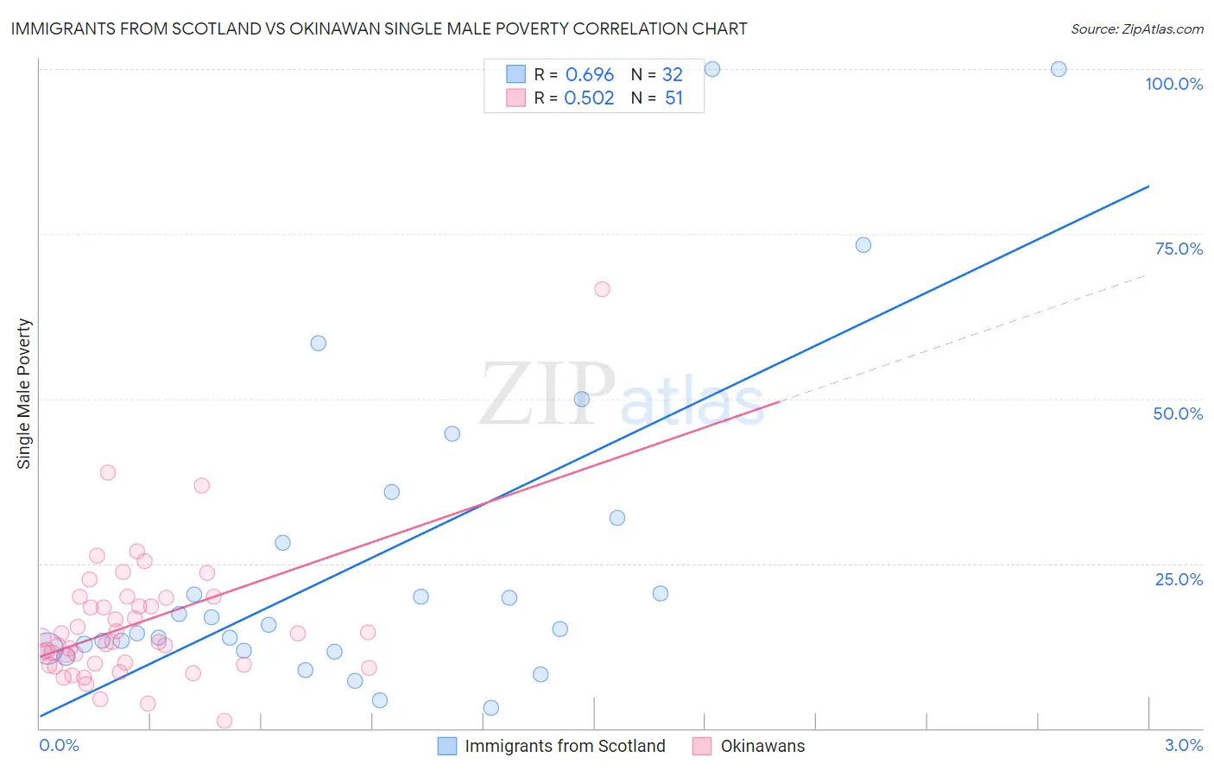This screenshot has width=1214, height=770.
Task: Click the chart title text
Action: tap(379, 28)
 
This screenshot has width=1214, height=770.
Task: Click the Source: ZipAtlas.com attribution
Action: tap(1136, 28)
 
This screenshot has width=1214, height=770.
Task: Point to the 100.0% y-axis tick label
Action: tap(1173, 84)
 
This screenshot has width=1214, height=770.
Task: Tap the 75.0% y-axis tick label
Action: tap(1179, 249)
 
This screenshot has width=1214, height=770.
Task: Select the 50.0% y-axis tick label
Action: tap(1178, 413)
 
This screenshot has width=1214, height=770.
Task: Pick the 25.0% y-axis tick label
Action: tap(1179, 578)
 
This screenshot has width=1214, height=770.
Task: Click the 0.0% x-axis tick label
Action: tap(59, 745)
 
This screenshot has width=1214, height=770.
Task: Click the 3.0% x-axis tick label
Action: tap(1183, 745)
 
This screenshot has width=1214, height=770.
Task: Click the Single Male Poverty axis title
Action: tap(24, 394)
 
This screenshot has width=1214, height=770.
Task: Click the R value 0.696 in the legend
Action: tap(590, 75)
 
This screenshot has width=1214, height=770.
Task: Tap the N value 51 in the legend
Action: tap(673, 98)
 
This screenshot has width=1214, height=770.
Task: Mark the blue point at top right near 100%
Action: tap(1059, 69)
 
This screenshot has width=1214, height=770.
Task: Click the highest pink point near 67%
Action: tap(602, 289)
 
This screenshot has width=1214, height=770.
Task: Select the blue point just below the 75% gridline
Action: tap(863, 245)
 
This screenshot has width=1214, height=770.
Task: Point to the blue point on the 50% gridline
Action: tap(581, 399)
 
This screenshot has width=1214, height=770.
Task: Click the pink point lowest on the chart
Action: tap(224, 721)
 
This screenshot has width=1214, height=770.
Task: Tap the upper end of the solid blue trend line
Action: tap(1148, 186)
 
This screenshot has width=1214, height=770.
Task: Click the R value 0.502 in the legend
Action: tap(589, 98)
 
